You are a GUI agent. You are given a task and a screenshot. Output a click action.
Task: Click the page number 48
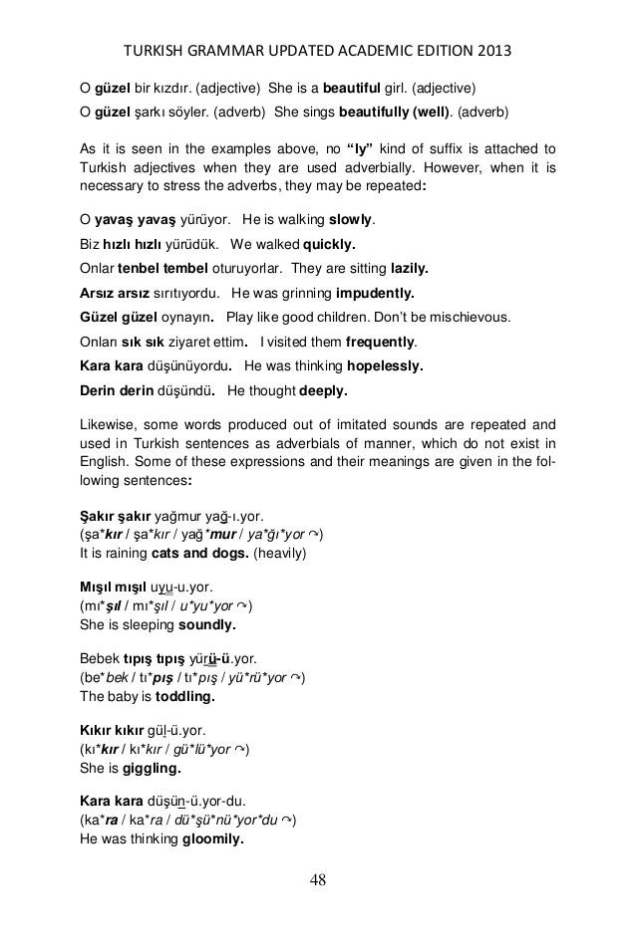tap(317, 880)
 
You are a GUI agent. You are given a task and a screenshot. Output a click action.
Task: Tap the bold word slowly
tap(357, 219)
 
